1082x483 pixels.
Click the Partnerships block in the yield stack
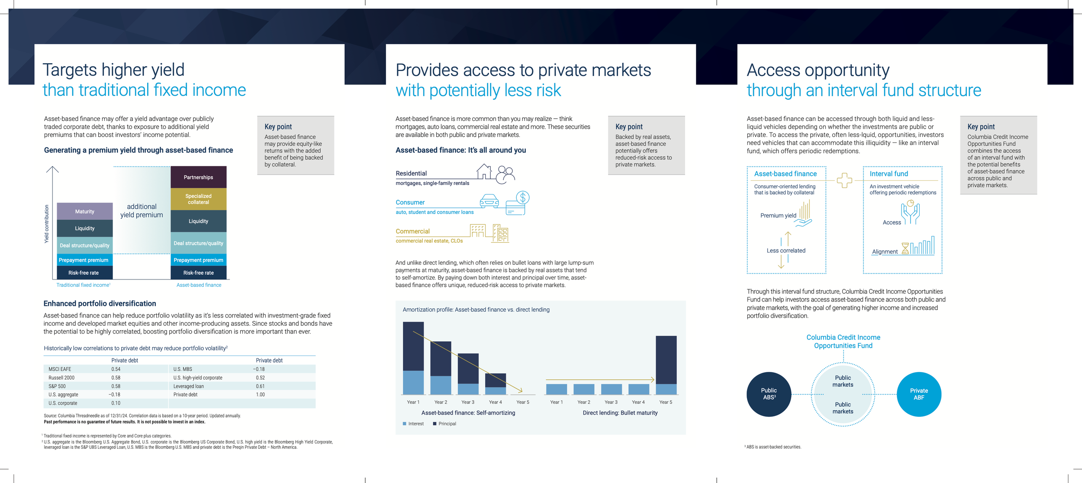199,177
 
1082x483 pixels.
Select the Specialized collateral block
199,199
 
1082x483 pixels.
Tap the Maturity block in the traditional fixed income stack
85,211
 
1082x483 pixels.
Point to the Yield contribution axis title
47,224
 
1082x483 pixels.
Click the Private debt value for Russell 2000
116,378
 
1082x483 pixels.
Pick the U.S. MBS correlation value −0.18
259,369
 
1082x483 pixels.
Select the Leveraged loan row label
189,386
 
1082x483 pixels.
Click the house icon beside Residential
484,172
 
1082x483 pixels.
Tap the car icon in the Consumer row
489,201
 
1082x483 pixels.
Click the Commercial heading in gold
412,231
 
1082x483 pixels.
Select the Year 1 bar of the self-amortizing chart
413,358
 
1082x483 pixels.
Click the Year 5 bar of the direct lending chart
666,365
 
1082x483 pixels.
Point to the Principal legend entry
444,424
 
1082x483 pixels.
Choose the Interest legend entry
413,424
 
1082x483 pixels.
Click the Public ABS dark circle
769,394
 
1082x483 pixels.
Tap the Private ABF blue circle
919,394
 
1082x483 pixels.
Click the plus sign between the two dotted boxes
844,180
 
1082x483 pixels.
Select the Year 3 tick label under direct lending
611,402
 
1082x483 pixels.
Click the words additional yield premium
142,211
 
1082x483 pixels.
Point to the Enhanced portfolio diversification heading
100,304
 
